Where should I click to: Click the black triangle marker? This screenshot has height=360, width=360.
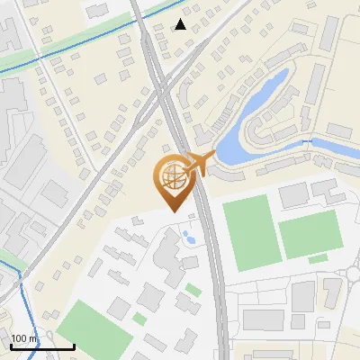tap(181, 24)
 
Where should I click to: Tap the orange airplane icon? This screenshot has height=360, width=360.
tap(202, 163)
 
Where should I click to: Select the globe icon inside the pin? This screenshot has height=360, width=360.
tap(172, 177)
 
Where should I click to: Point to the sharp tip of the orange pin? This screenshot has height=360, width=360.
tap(172, 210)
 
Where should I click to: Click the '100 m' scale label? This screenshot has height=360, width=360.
tap(25, 338)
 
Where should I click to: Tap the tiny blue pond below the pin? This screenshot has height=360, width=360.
tap(190, 238)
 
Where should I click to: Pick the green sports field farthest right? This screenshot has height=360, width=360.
tap(310, 235)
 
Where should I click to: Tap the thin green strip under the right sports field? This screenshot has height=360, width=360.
tap(318, 260)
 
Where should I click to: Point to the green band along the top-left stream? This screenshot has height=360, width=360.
tap(54, 50)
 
